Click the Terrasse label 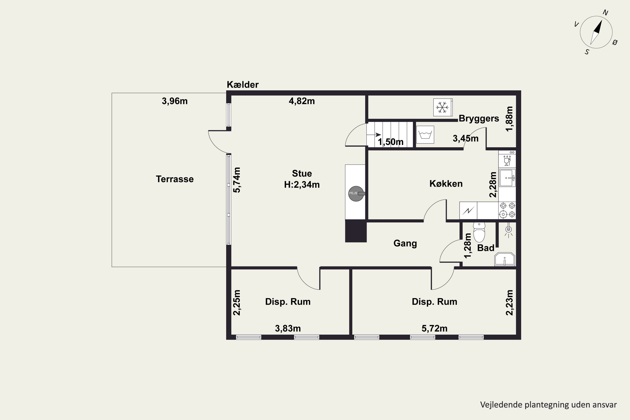tap(175, 179)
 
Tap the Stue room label tap(302, 174)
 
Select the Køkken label tap(446, 184)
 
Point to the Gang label tap(405, 243)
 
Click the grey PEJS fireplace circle tap(356, 194)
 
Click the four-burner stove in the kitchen tap(507, 210)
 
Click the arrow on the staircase tap(374, 135)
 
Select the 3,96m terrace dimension tap(175, 101)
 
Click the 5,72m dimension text tap(434, 328)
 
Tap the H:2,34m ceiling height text tap(302, 185)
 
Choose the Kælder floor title tap(243, 85)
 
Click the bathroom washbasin tap(505, 259)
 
